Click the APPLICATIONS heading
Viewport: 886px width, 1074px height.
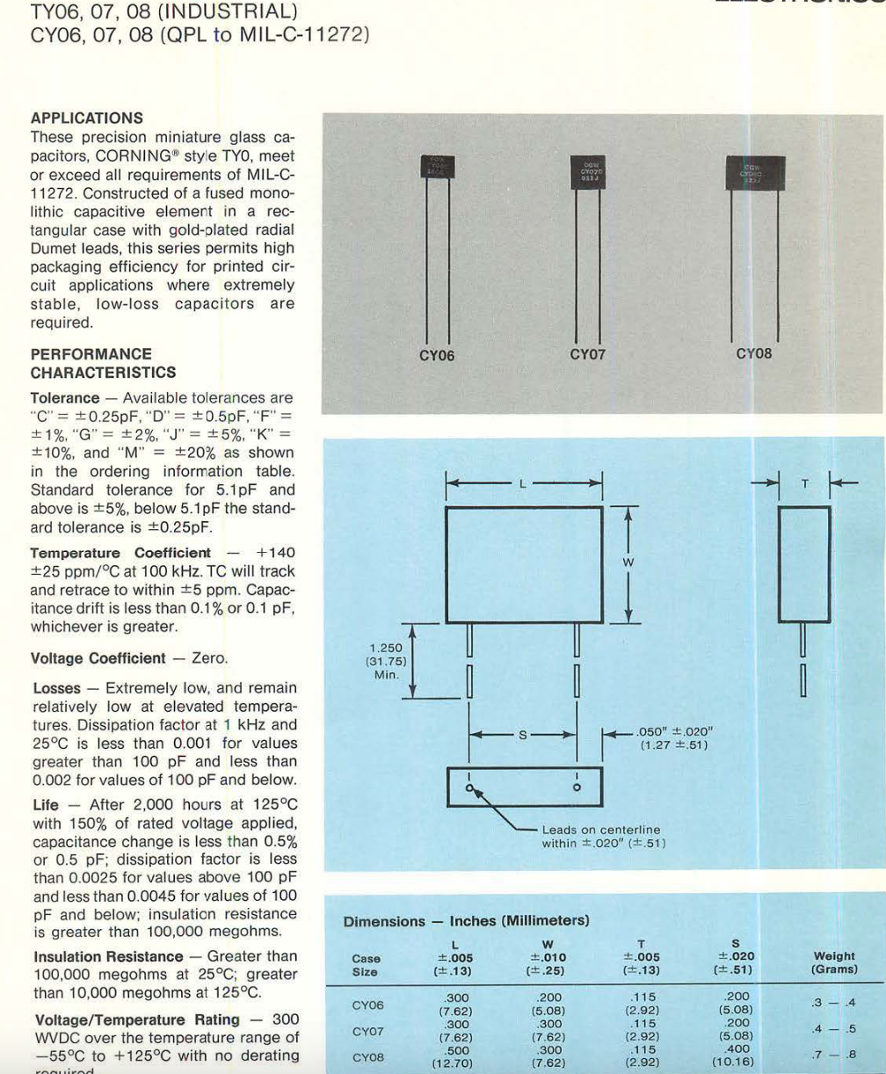pos(86,118)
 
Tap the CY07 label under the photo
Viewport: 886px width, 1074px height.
pos(588,355)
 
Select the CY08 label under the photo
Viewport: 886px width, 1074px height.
pos(753,355)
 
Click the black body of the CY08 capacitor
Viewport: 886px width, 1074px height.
pos(754,171)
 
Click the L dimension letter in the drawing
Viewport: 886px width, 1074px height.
pos(524,483)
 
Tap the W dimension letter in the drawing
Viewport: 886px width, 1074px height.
pos(628,563)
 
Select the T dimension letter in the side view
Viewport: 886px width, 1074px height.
pos(804,483)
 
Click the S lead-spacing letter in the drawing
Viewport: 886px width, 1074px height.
pos(523,734)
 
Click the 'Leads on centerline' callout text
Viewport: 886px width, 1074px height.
pos(601,830)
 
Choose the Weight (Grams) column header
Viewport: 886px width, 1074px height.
pos(834,963)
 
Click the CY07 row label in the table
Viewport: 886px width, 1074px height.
pos(367,1031)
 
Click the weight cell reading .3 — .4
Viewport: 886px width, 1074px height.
pos(834,1003)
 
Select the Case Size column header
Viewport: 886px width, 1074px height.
pos(366,965)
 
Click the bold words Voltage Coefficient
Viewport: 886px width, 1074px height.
pos(98,657)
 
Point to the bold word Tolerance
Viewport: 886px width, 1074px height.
pos(64,397)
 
